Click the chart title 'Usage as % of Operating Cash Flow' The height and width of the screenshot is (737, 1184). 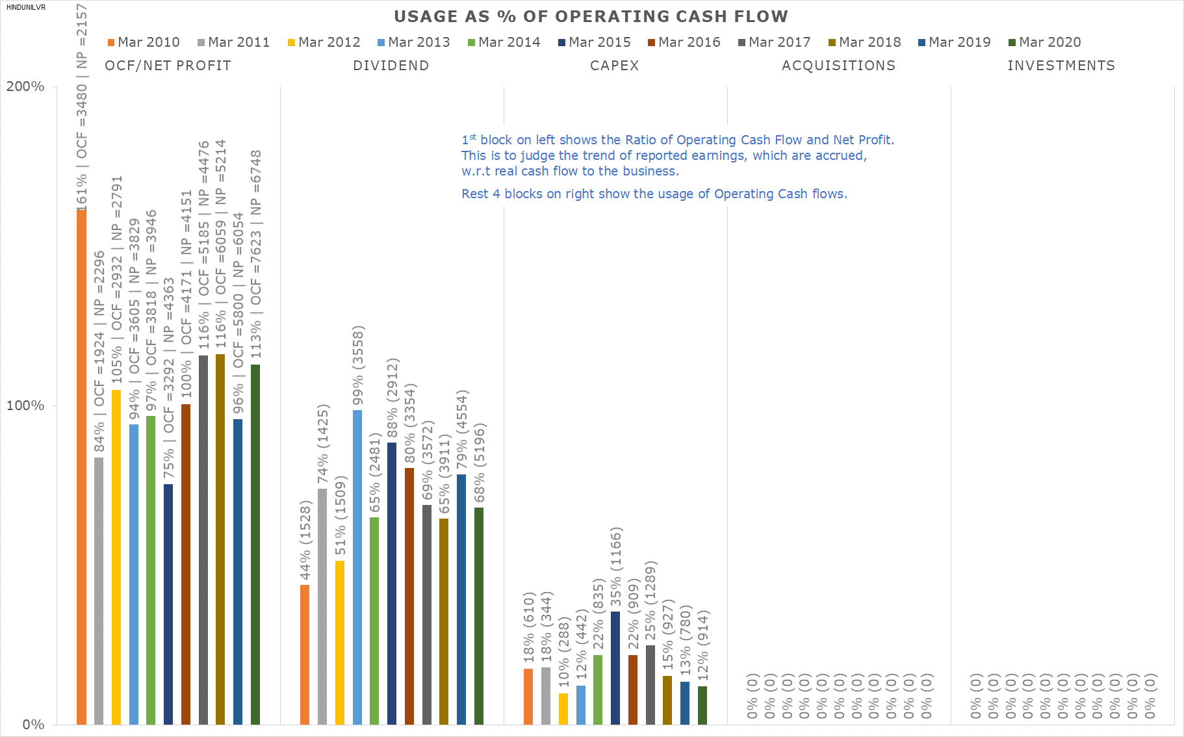point(591,17)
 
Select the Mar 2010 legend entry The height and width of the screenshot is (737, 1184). point(144,42)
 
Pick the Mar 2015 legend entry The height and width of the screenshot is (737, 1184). point(595,42)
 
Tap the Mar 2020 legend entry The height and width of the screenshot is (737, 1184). point(1045,42)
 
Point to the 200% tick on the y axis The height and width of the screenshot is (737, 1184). point(25,86)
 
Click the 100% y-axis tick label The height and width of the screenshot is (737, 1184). point(25,406)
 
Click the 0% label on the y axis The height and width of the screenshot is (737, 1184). point(33,725)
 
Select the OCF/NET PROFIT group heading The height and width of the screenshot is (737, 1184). point(168,66)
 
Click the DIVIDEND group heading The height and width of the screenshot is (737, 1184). point(391,66)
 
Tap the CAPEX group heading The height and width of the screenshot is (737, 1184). point(614,66)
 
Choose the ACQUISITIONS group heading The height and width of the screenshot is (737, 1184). point(838,66)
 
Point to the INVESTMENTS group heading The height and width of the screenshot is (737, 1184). point(1061,66)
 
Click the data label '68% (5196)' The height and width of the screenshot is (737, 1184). point(480,463)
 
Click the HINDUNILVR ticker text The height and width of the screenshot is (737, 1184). point(26,8)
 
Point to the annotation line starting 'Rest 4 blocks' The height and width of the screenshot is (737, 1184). point(654,194)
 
